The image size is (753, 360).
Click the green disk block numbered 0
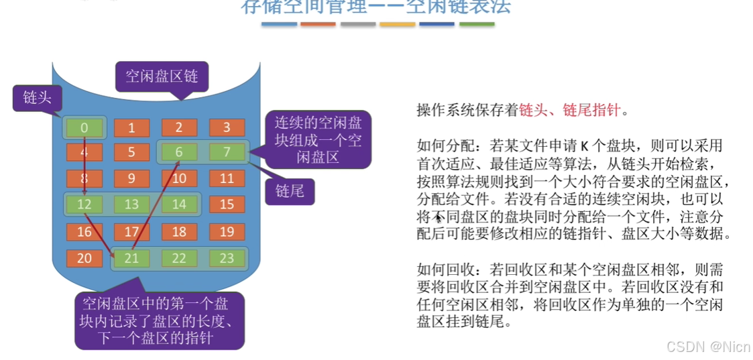tap(84, 127)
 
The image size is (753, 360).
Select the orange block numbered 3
tap(227, 127)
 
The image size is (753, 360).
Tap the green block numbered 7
tap(227, 152)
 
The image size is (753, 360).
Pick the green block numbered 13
tap(131, 204)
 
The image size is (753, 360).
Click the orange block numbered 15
tap(227, 204)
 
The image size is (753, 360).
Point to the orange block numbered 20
tap(84, 258)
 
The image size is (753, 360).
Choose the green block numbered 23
tap(227, 258)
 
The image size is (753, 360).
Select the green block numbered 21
tap(131, 258)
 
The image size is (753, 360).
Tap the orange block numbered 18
tap(179, 231)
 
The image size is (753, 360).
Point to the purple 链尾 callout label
tap(290, 191)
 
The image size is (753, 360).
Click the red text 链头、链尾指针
tap(570, 111)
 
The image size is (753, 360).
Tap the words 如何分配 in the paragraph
tap(440, 146)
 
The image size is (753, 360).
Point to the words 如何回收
tap(440, 269)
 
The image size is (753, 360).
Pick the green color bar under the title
tap(477, 24)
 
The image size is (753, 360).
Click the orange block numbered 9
tap(131, 178)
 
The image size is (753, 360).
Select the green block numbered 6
tap(179, 152)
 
